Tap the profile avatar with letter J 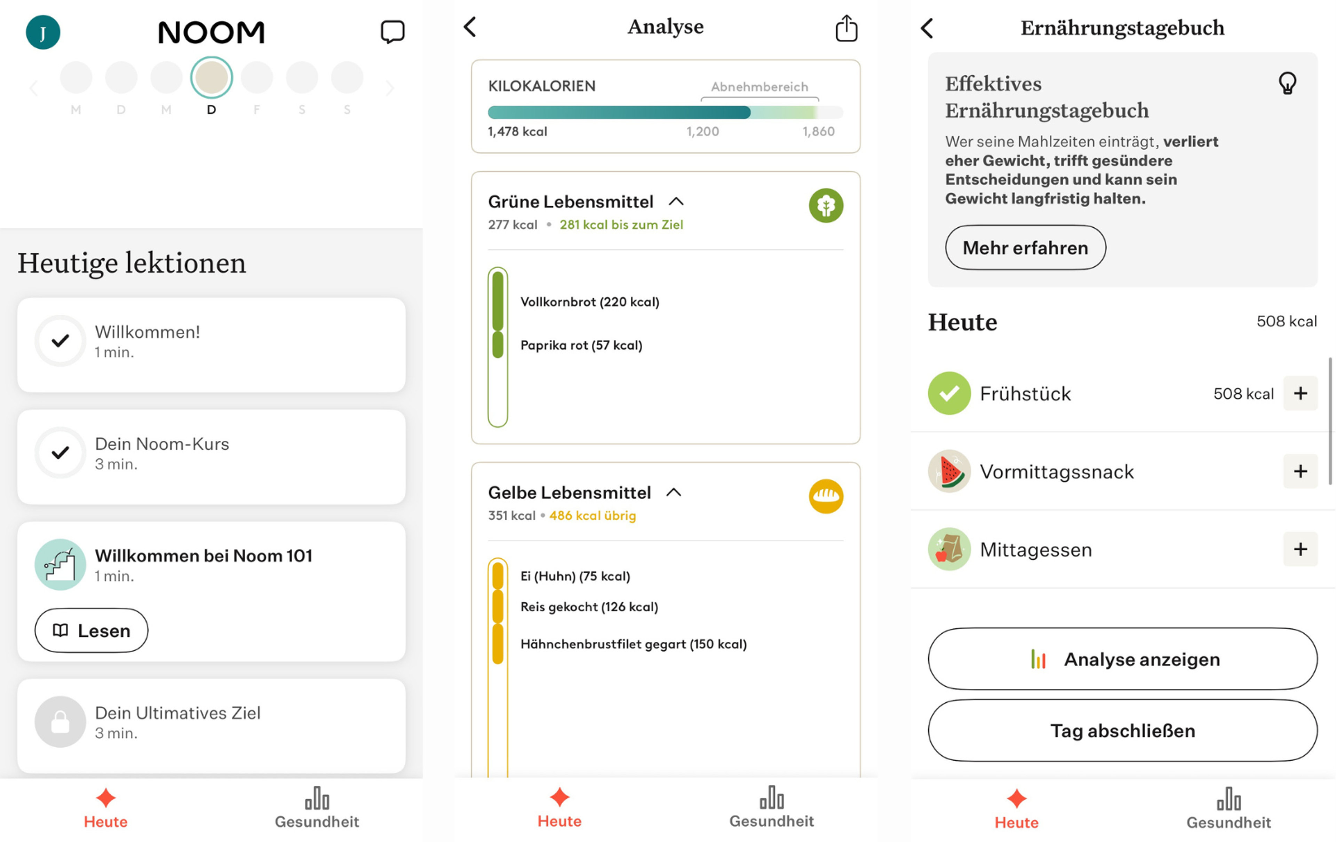[43, 32]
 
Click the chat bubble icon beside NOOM [392, 32]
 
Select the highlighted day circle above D [212, 77]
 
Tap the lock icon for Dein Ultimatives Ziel [60, 722]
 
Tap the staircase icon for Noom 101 [60, 564]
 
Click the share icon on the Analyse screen [846, 28]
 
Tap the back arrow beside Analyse [470, 27]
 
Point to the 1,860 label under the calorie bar [818, 132]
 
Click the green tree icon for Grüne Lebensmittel [826, 205]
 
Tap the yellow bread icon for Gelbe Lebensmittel [826, 496]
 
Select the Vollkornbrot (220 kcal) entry [589, 302]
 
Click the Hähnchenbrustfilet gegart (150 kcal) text [633, 644]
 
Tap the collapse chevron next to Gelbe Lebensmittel [674, 492]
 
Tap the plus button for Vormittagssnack [1300, 471]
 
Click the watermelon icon [949, 471]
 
